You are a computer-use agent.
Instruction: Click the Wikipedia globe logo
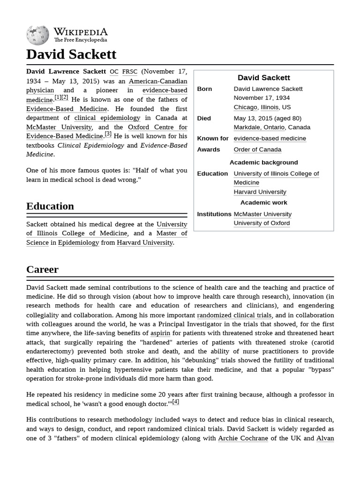click(37, 35)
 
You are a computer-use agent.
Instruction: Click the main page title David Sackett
click(71, 54)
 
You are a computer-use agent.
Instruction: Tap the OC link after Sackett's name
click(114, 72)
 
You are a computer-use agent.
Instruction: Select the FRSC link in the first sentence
click(130, 72)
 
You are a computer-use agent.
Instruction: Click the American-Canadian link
click(157, 81)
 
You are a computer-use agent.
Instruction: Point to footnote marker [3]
click(108, 134)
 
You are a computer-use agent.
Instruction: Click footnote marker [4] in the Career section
click(175, 402)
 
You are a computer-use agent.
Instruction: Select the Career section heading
click(43, 270)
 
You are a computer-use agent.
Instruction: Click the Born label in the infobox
click(204, 89)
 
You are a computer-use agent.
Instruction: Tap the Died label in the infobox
click(204, 119)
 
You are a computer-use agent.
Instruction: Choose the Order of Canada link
click(257, 150)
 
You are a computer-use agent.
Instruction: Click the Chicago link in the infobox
click(245, 107)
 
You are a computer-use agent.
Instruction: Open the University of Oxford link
click(262, 223)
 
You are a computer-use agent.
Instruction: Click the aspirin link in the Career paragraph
click(160, 333)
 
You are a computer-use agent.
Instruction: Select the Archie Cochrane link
click(243, 438)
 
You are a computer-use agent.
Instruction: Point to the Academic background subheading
click(263, 163)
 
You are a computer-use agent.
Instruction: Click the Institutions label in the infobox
click(214, 214)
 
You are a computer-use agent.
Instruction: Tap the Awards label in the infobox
click(209, 150)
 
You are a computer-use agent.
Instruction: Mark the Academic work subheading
click(263, 203)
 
